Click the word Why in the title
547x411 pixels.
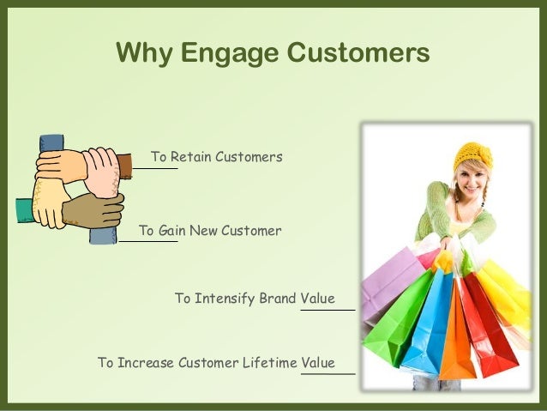(x=143, y=53)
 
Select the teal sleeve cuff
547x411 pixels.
(x=23, y=210)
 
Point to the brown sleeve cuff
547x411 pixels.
(x=124, y=163)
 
